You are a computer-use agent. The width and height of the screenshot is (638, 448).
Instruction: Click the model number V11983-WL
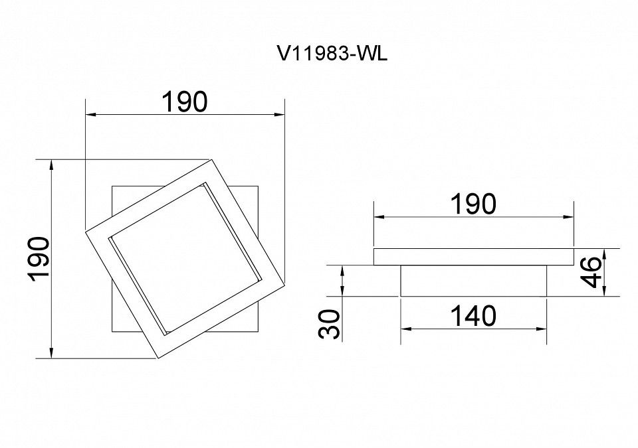(x=332, y=53)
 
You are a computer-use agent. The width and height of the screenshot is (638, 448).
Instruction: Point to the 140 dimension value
(x=474, y=316)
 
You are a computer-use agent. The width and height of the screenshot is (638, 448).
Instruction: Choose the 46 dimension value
(x=590, y=271)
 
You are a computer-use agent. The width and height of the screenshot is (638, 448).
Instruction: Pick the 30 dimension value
(x=329, y=324)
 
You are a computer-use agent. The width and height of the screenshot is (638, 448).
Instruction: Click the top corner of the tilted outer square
(x=210, y=159)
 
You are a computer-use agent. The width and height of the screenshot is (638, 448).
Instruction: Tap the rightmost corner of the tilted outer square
(x=284, y=281)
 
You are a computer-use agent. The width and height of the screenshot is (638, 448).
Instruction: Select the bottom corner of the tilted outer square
(x=158, y=358)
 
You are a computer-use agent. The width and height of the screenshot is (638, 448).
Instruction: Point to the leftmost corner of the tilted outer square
(x=85, y=232)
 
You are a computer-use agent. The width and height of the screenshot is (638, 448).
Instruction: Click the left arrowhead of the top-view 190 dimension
(x=91, y=115)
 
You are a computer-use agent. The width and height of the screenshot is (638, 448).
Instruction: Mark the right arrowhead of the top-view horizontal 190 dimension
(x=279, y=115)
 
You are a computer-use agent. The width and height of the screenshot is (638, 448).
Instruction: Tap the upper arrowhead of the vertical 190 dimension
(x=51, y=165)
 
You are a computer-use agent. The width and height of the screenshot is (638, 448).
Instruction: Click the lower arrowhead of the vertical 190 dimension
(x=51, y=353)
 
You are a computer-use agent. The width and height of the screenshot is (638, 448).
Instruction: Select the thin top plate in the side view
(x=474, y=257)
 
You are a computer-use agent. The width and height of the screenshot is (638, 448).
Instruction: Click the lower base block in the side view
(x=474, y=281)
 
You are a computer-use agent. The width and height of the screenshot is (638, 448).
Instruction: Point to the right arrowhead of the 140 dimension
(x=542, y=329)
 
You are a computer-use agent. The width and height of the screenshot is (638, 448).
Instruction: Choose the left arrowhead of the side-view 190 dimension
(x=379, y=216)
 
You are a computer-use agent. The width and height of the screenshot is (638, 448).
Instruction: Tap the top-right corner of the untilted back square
(x=258, y=187)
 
